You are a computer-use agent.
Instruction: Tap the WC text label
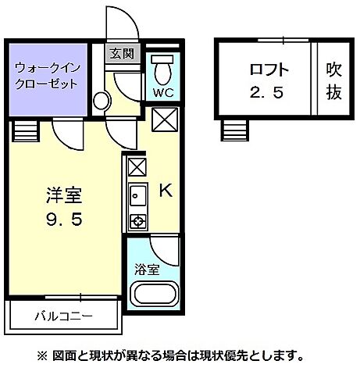point(163,92)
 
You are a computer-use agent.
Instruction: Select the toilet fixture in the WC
point(163,70)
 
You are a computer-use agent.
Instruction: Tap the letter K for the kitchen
point(166,190)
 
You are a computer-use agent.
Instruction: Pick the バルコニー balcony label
point(63,317)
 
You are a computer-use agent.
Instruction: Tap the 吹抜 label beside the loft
point(333,81)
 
